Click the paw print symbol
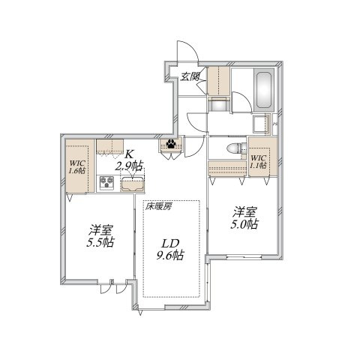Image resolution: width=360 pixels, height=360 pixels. click(x=171, y=144)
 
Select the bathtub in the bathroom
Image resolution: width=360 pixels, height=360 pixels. click(x=264, y=88)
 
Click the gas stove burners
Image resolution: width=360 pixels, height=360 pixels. click(x=107, y=181)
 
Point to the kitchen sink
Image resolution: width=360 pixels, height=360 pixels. click(x=132, y=184)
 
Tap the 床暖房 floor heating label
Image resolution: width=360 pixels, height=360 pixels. click(x=159, y=206)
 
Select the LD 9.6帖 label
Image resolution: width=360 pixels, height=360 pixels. click(x=170, y=249)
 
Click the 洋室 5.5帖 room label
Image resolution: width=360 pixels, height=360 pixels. click(x=100, y=235)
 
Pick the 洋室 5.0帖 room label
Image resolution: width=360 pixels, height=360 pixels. click(x=244, y=217)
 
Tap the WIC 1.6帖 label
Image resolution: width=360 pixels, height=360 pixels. click(x=77, y=167)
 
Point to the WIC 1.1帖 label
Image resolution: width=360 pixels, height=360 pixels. click(x=258, y=161)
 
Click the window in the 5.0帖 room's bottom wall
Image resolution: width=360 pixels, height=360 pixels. click(x=244, y=256)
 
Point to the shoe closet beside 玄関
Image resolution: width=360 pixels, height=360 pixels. click(x=219, y=81)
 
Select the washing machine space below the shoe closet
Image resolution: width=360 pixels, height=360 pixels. click(x=219, y=104)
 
